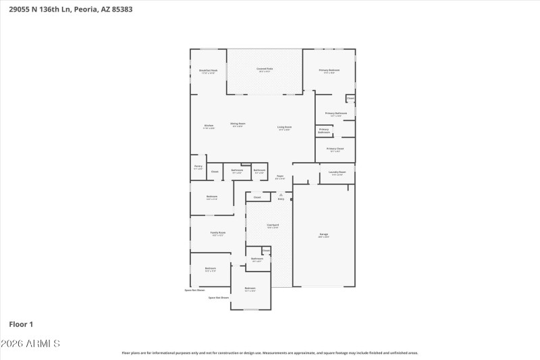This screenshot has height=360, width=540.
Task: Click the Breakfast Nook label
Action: click(x=208, y=70)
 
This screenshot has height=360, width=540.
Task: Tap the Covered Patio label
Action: click(x=264, y=69)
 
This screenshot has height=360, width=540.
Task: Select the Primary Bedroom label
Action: click(x=329, y=70)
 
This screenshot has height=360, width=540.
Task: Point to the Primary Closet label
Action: click(x=335, y=149)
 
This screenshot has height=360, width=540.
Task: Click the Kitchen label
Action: click(x=209, y=126)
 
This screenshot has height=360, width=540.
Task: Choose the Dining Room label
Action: click(x=238, y=124)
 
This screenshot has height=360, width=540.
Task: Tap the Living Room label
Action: click(x=284, y=127)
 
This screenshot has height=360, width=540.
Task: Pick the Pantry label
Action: click(x=198, y=166)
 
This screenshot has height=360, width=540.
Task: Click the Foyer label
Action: click(x=279, y=176)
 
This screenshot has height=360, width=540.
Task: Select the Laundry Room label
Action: click(x=337, y=172)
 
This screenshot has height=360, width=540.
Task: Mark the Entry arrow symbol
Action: click(x=281, y=194)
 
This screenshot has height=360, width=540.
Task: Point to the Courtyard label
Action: click(x=273, y=225)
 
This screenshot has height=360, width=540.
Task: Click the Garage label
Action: click(x=324, y=234)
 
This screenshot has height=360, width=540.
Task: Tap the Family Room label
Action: click(x=218, y=232)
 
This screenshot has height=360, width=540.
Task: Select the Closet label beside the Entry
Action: click(x=257, y=197)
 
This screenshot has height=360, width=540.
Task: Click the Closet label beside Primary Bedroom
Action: click(x=350, y=99)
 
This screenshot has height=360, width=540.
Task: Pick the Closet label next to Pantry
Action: click(x=215, y=172)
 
